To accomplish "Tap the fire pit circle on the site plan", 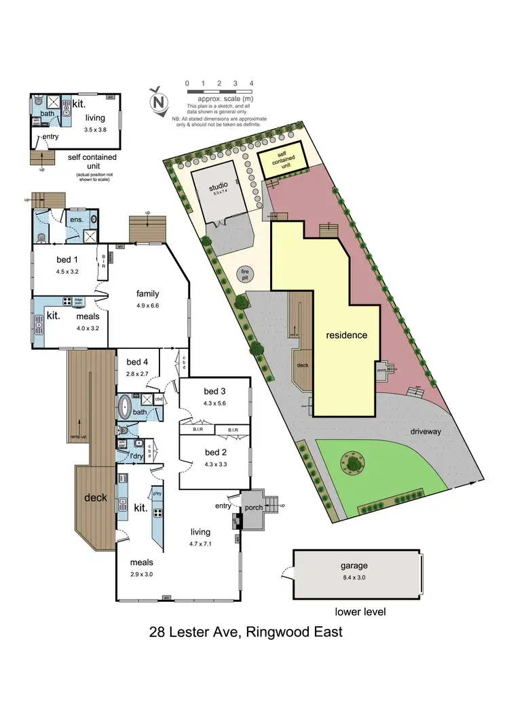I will [x=245, y=274].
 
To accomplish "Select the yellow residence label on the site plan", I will [x=346, y=335].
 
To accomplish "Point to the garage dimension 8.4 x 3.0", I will [x=354, y=577].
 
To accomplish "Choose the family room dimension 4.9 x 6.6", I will [x=147, y=306].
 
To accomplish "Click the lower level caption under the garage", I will [x=360, y=612].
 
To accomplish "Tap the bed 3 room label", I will [x=214, y=391].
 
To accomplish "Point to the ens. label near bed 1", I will [x=76, y=219].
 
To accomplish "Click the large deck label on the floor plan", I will [x=96, y=497].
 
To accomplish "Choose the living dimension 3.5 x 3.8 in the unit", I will [x=96, y=129].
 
